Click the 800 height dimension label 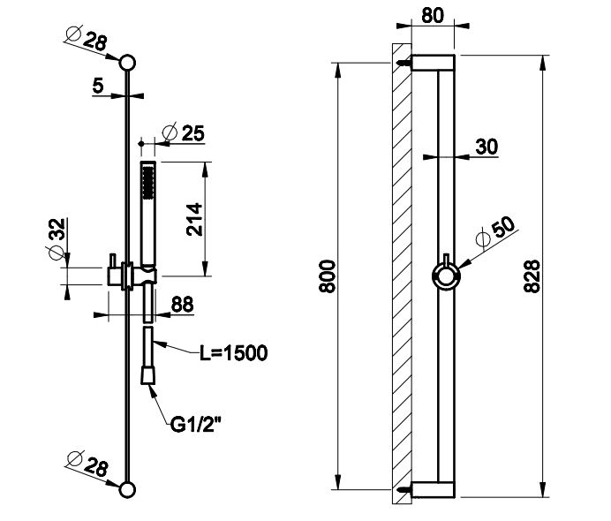coord(325,276)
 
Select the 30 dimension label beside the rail coord(486,147)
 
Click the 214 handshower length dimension coord(195,218)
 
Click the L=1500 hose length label coord(231,353)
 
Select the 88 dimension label coord(181,304)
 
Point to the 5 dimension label coord(98,85)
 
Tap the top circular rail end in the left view coord(128,62)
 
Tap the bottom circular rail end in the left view coord(128,488)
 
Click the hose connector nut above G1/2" coord(148,376)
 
